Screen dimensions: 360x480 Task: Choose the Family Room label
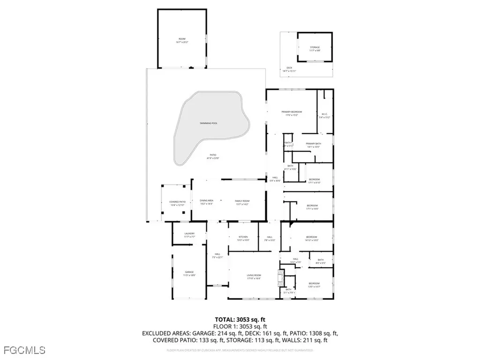(x=241, y=202)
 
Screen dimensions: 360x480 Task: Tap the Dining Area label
(x=206, y=202)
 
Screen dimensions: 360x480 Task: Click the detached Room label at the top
(x=182, y=39)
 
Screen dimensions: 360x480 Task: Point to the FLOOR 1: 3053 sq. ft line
(x=240, y=326)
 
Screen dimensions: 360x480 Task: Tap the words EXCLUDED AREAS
(x=163, y=333)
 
